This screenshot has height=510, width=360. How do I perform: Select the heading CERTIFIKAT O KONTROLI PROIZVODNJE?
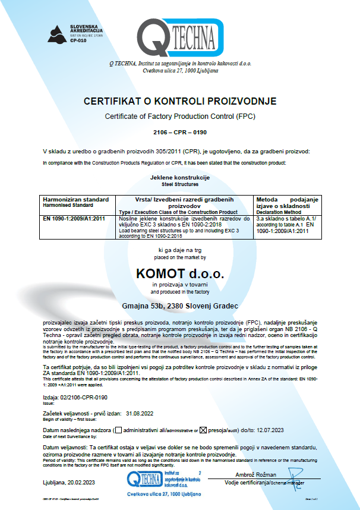click(x=180, y=101)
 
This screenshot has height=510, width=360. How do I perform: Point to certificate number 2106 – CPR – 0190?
click(x=179, y=131)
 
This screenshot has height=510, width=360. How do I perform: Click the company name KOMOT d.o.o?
click(x=179, y=274)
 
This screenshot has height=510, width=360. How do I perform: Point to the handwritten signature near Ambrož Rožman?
click(x=295, y=476)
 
